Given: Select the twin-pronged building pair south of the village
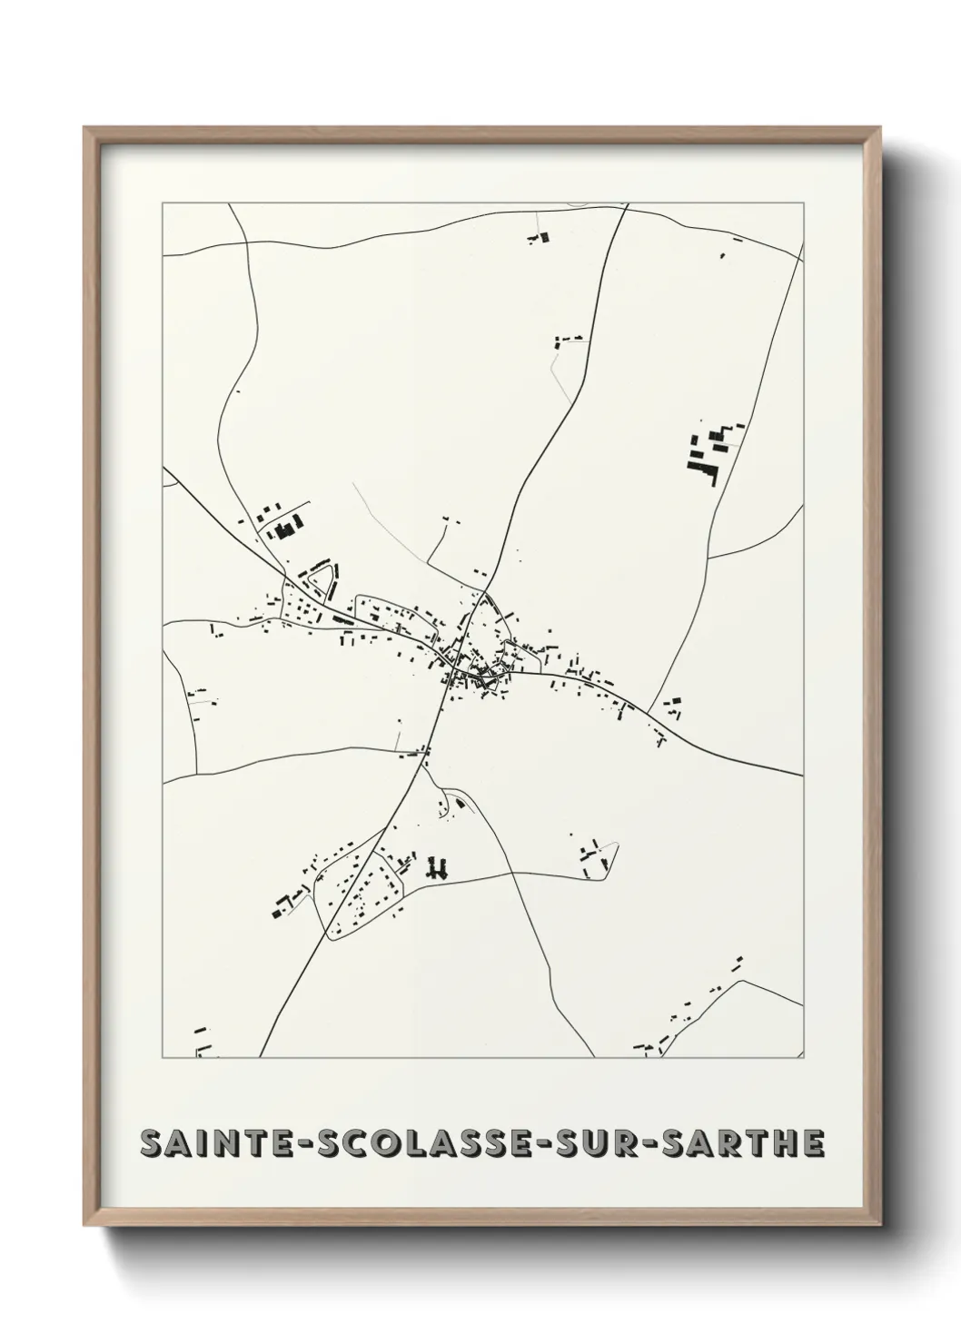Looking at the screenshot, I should tap(440, 868).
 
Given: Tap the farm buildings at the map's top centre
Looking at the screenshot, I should tap(540, 239).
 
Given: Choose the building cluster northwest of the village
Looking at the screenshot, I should tap(282, 522).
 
